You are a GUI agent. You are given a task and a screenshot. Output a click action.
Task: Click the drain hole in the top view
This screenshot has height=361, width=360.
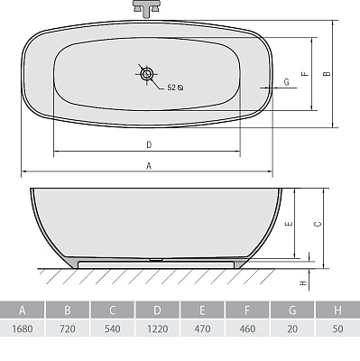coord(146,74)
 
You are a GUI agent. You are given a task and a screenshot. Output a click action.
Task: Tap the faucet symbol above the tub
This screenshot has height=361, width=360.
coord(146,8)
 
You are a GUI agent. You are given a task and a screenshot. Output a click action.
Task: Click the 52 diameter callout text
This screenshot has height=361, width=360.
coord(175,88)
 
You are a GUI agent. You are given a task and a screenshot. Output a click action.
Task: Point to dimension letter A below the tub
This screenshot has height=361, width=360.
coord(149,165)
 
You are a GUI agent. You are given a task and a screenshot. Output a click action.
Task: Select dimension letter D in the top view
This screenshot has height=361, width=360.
coord(149,144)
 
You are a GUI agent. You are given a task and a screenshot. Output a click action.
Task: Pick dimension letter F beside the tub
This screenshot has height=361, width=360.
coord(305,74)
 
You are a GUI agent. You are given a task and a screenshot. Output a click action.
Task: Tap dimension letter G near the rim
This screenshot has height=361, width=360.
coord(286,81)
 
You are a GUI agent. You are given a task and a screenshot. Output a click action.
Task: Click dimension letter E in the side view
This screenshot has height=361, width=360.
coord(289,224)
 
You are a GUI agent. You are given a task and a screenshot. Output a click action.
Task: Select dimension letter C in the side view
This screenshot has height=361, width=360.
coord(318,224)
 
